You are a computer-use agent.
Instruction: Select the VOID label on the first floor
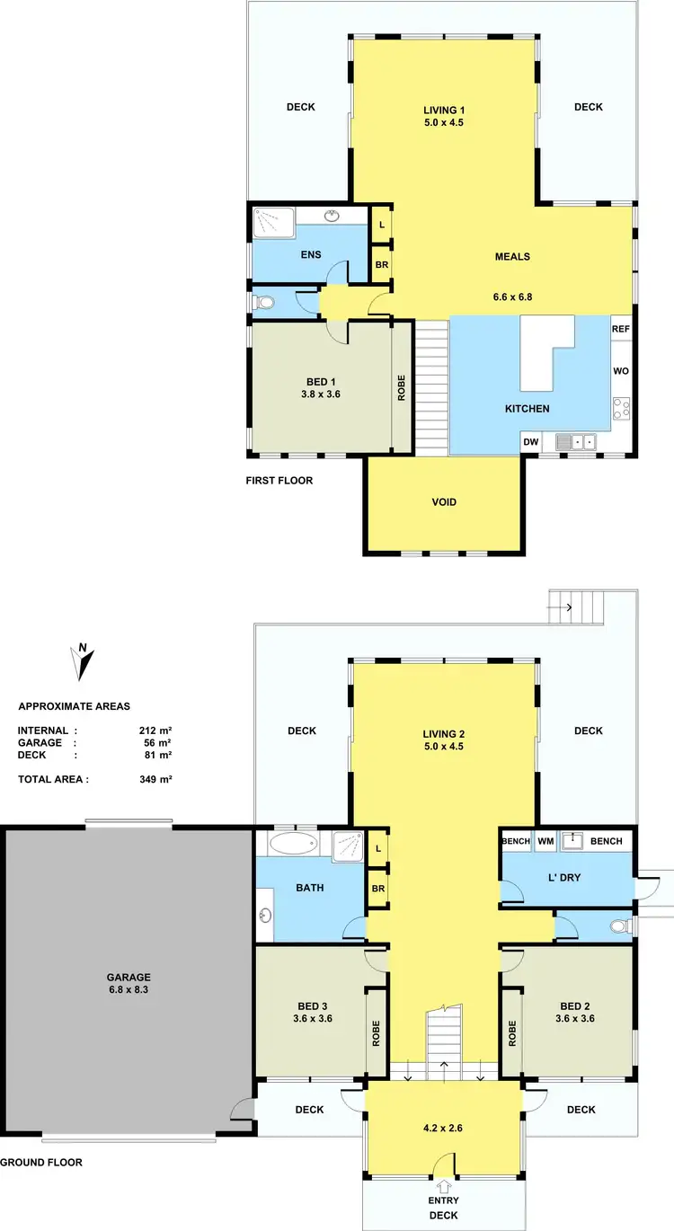click(444, 502)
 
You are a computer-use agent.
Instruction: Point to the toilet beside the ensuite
click(262, 303)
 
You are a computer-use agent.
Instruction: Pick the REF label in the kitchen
click(621, 329)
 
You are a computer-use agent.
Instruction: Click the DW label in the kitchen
click(531, 441)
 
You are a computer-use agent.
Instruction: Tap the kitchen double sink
click(575, 441)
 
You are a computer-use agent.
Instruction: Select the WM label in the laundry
click(545, 841)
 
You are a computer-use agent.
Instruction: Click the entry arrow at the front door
click(445, 1187)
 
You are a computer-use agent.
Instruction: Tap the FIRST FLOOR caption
click(279, 481)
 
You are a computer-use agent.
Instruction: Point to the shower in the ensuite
click(273, 221)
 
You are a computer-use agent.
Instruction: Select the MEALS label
click(512, 257)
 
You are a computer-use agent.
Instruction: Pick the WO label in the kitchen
click(621, 370)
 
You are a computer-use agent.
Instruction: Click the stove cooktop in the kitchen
click(621, 410)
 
